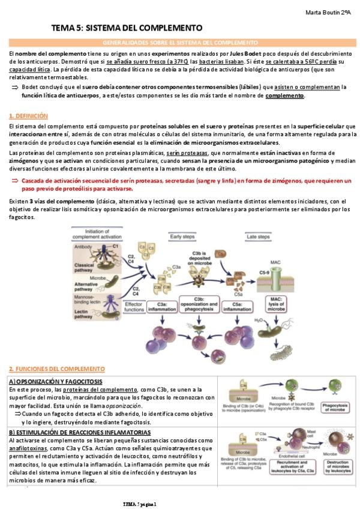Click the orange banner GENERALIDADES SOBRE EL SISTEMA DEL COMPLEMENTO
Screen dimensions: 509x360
coord(180,43)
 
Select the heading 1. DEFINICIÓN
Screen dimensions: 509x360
coord(29,115)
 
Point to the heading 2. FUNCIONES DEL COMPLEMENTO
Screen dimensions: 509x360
coord(57,369)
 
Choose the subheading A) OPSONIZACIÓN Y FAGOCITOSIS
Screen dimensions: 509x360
coord(55,382)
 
